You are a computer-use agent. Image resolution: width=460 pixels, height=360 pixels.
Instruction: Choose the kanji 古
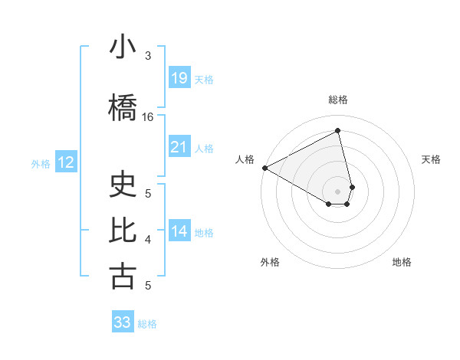[123, 277]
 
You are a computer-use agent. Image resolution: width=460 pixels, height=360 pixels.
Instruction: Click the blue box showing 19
[179, 78]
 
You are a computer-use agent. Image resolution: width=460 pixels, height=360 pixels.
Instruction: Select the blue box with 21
[179, 146]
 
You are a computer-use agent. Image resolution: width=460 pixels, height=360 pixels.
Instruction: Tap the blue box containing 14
[179, 232]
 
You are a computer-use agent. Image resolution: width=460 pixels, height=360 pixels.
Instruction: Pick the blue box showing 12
[65, 162]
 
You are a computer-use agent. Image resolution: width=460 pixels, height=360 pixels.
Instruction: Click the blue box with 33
[123, 322]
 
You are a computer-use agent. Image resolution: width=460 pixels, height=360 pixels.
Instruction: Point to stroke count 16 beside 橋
[148, 117]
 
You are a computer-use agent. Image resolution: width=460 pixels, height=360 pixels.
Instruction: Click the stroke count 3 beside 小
[148, 56]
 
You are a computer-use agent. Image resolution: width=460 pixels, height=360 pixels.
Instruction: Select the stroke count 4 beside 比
[148, 240]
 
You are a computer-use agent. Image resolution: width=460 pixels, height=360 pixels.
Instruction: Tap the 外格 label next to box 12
[41, 163]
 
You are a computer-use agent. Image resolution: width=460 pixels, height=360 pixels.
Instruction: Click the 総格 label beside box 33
[147, 324]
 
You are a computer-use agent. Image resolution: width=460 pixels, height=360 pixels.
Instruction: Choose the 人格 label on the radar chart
[245, 159]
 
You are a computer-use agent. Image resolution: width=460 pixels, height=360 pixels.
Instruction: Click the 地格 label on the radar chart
[402, 262]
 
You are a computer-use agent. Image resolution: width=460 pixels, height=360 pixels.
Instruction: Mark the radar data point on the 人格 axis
[264, 168]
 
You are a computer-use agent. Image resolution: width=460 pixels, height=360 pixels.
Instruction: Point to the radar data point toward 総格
[337, 132]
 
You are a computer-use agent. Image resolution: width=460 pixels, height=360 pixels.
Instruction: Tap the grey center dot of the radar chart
[337, 191]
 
